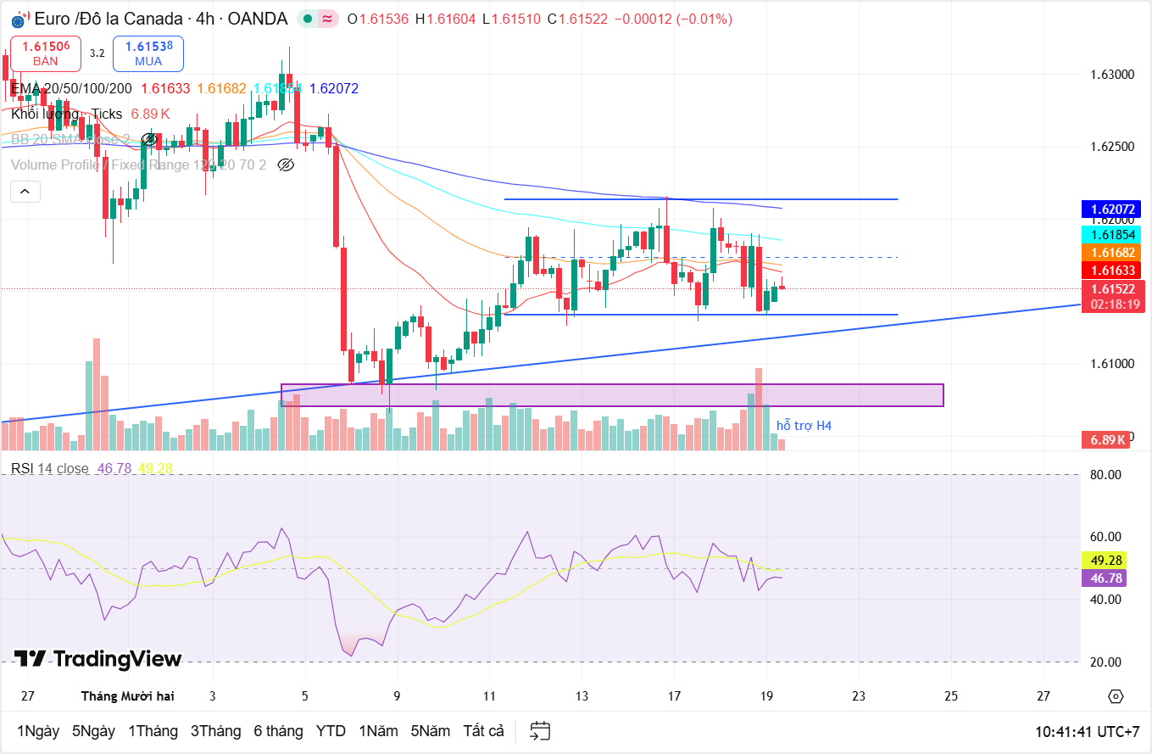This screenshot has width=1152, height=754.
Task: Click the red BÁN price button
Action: click(46, 53)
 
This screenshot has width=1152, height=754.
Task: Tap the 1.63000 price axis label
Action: click(1111, 75)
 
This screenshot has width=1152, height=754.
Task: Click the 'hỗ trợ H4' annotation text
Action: click(804, 425)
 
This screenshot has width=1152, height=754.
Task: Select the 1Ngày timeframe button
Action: click(38, 730)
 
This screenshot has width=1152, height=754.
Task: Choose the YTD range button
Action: click(331, 730)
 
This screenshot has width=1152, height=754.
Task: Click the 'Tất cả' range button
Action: click(484, 730)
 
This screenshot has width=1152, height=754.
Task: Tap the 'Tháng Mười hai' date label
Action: click(128, 695)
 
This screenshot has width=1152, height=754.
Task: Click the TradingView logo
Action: click(98, 659)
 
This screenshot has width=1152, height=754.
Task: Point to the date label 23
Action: click(859, 695)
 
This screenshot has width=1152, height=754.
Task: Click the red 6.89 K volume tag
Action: click(1108, 439)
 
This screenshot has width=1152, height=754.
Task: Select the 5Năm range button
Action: click(431, 730)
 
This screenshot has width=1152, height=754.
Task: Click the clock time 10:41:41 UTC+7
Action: click(1088, 730)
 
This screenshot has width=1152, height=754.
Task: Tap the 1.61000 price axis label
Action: click(1111, 364)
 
